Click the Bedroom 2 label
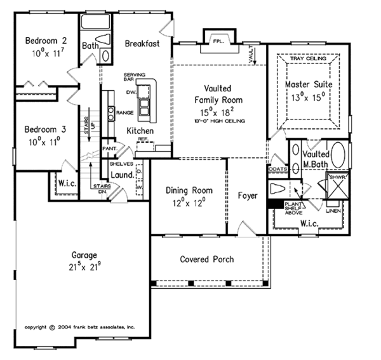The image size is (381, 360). click(x=41, y=42)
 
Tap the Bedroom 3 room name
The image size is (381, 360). click(x=41, y=130)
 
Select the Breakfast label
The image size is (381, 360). click(x=141, y=44)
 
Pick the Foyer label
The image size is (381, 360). click(x=248, y=196)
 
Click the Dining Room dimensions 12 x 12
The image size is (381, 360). click(x=189, y=203)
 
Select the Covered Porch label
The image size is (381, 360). click(x=206, y=259)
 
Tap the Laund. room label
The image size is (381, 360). click(x=121, y=175)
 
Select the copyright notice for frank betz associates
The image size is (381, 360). click(x=80, y=328)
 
